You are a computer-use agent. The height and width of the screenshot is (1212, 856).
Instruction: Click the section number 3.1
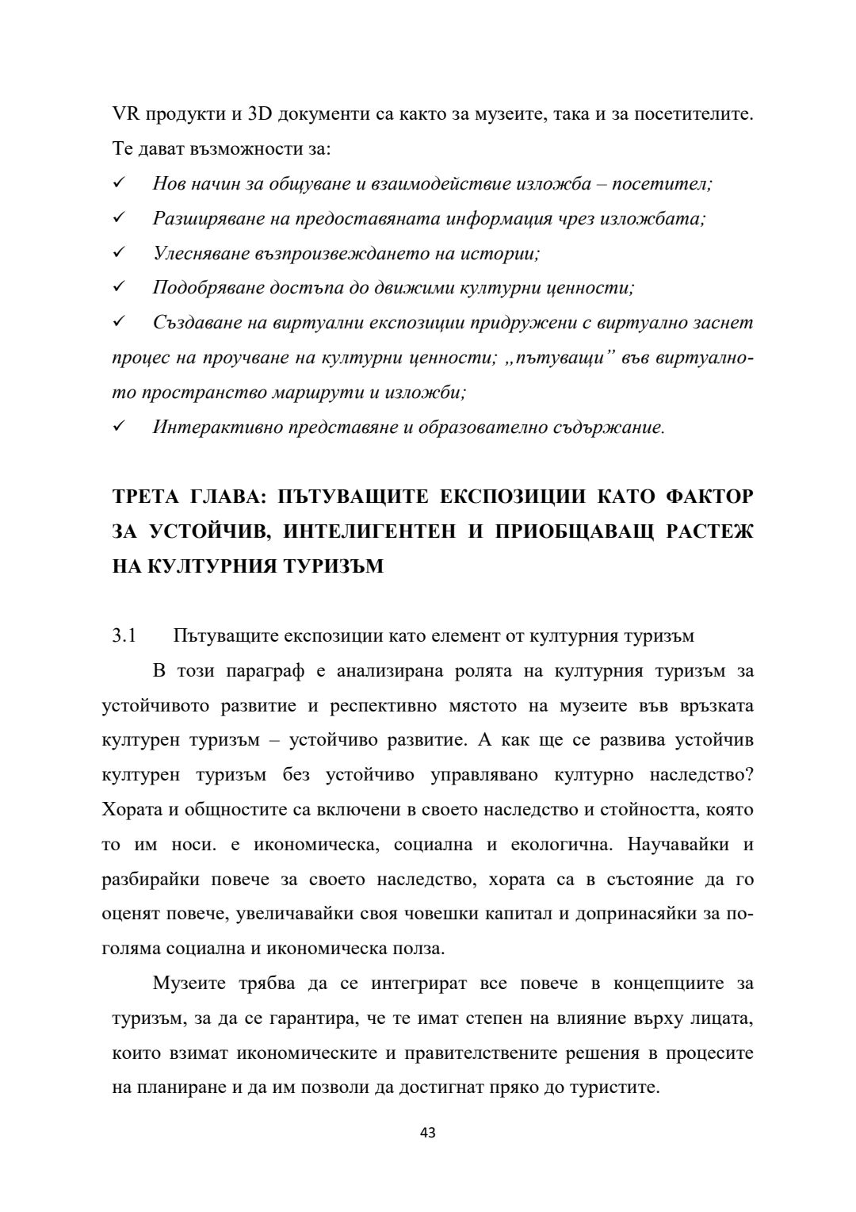pyautogui.click(x=124, y=636)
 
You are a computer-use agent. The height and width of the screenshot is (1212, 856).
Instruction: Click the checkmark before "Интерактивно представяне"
pyautogui.click(x=120, y=428)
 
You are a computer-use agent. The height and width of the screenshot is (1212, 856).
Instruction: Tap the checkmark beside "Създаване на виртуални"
pyautogui.click(x=120, y=323)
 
